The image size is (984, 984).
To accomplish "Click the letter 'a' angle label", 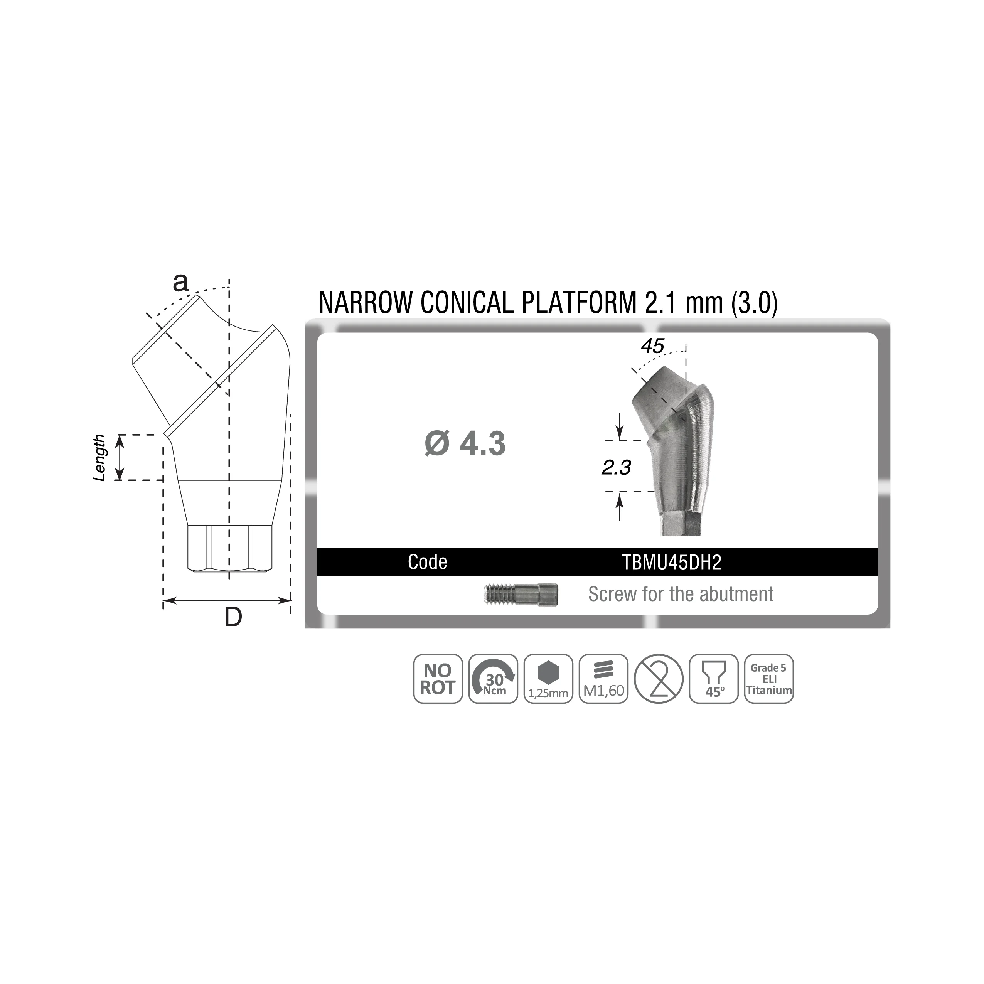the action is pos(180,282).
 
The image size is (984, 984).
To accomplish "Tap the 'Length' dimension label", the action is pos(100,458).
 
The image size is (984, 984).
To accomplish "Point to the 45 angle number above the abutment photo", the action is pos(652,346).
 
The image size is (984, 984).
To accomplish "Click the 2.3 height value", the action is pos(616,467).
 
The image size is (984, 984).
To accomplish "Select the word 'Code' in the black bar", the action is pos(427,562).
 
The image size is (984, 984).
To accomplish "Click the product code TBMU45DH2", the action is pos(672,562).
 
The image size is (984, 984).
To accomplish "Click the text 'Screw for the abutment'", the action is pos(681,594).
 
